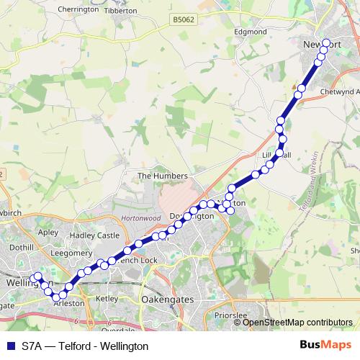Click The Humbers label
[x=162, y=176]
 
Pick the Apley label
[x=48, y=233]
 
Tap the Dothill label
[x=22, y=247]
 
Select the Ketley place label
[x=106, y=297]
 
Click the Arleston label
[x=69, y=304]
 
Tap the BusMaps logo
[x=325, y=346]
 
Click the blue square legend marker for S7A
[x=10, y=346]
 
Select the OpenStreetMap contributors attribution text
[x=297, y=323]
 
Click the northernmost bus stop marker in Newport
[x=326, y=43]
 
